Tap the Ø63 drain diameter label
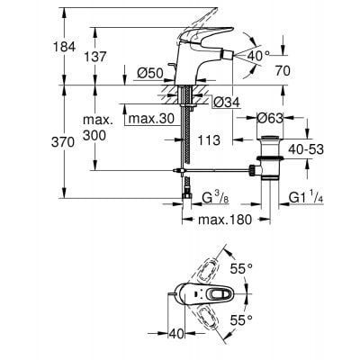[x=270, y=118]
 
